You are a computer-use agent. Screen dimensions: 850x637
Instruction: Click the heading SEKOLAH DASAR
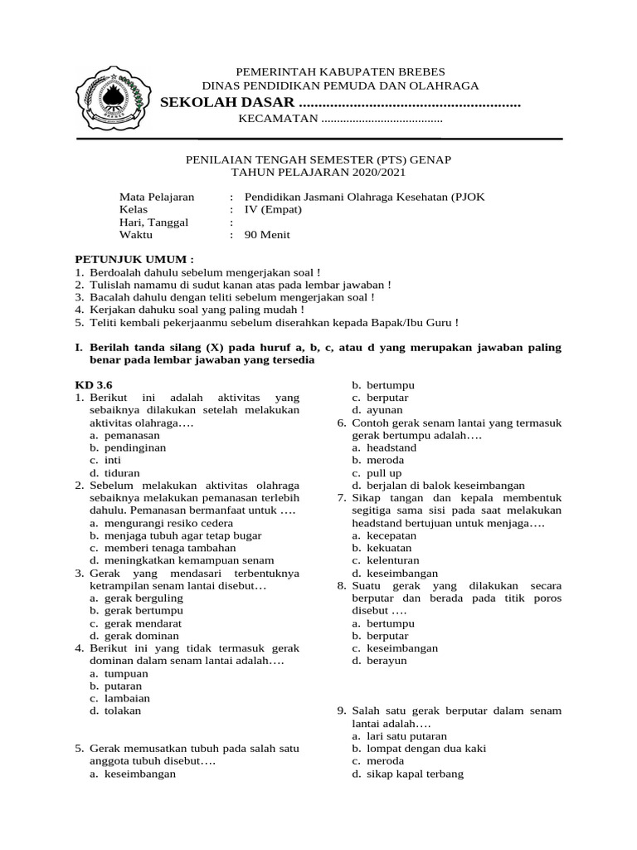click(226, 103)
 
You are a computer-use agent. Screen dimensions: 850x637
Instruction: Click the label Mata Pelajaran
click(157, 198)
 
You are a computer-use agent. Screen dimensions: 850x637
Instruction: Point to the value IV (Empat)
click(273, 210)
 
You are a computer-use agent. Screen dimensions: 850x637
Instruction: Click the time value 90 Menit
click(267, 235)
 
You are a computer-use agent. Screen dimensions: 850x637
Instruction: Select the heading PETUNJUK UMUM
click(134, 259)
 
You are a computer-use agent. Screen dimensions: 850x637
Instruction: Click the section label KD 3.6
click(93, 385)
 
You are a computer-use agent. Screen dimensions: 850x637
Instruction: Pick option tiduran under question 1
click(122, 473)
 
